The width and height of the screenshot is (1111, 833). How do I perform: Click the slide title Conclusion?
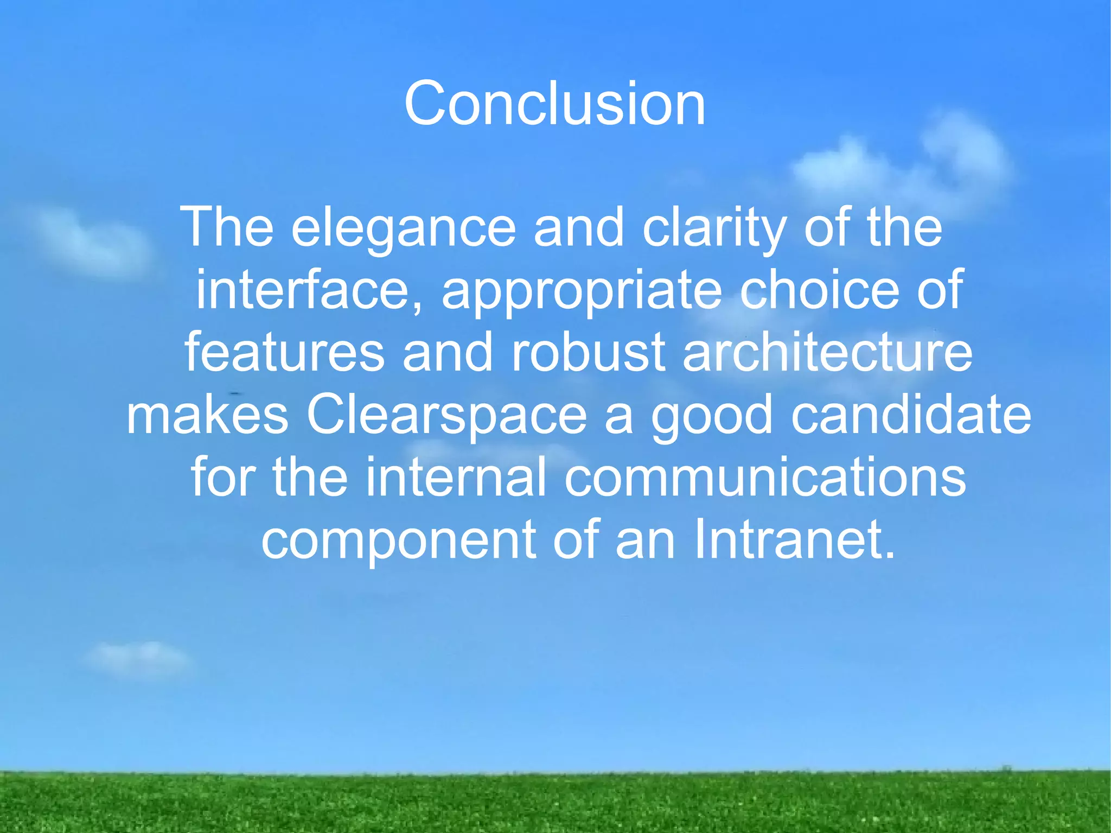click(554, 103)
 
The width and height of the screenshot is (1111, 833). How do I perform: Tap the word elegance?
click(404, 228)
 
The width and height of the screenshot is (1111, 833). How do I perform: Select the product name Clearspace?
click(446, 416)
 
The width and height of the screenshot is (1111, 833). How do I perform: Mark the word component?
click(399, 541)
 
